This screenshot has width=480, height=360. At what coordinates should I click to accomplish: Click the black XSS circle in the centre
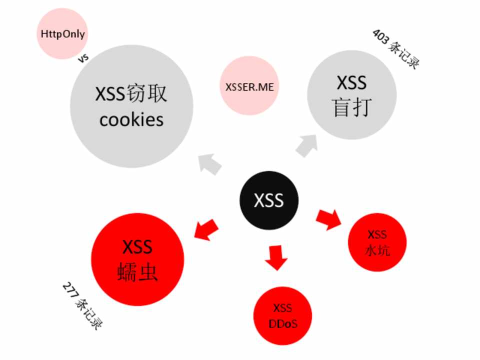tap(269, 200)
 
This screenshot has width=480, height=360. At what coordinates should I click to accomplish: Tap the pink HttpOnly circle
tap(62, 34)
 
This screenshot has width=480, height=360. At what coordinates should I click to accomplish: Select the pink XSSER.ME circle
tap(249, 86)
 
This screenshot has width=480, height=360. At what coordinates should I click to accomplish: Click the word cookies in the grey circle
tap(131, 120)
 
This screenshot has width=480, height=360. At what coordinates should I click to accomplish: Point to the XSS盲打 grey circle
tap(351, 95)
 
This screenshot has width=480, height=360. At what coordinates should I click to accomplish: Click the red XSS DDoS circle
tap(283, 315)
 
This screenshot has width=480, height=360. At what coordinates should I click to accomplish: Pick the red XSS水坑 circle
tap(377, 242)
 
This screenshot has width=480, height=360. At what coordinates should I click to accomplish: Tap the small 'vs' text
tap(83, 58)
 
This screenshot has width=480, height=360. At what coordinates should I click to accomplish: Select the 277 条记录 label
tap(82, 305)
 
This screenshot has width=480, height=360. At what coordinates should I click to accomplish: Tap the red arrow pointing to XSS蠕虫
tap(206, 229)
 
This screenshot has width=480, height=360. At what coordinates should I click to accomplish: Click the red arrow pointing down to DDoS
tap(276, 257)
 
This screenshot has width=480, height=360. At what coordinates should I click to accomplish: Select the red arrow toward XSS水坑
tap(328, 219)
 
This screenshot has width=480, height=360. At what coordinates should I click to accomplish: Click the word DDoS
tap(283, 323)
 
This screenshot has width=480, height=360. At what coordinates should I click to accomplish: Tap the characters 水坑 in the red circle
tap(377, 250)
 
